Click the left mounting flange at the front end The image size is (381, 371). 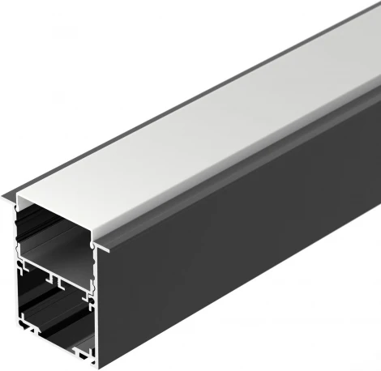9,195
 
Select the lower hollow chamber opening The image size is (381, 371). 53,312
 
